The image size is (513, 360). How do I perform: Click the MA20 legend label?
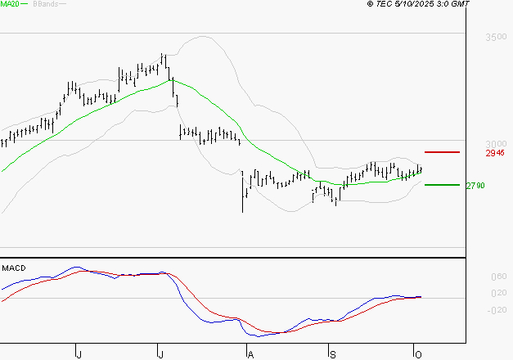pos(11,4)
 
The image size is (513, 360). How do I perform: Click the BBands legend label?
pos(45,4)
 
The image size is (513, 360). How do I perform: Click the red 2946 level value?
pos(495,153)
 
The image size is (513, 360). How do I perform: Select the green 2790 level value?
pos(475,186)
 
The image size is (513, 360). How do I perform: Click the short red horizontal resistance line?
pos(442,152)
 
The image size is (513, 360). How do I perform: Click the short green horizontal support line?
pos(442,185)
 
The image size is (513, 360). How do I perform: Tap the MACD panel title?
pos(14,268)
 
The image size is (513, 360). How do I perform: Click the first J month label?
pos(79,353)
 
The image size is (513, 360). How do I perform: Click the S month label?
pos(331,353)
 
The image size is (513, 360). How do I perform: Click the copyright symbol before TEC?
pos(370,5)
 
